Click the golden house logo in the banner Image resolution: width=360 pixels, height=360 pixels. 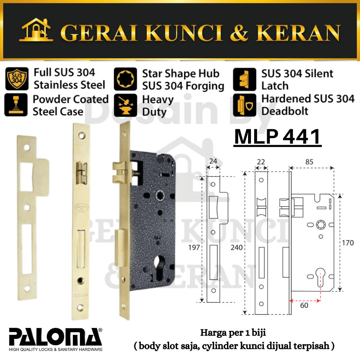pyautogui.click(x=36, y=30)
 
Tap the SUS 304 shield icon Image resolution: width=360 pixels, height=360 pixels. pyautogui.click(x=17, y=78)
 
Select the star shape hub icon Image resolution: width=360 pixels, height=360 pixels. pyautogui.click(x=125, y=79)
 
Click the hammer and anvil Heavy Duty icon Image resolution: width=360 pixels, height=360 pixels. pyautogui.click(x=125, y=105)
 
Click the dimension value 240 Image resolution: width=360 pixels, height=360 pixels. pyautogui.click(x=237, y=248)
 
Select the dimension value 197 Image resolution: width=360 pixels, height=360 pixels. pyautogui.click(x=194, y=248)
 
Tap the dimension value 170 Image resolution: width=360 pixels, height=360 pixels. pyautogui.click(x=348, y=243)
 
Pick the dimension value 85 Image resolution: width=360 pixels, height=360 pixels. pyautogui.click(x=309, y=162)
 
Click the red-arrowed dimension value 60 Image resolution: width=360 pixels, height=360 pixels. pyautogui.click(x=304, y=305)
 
